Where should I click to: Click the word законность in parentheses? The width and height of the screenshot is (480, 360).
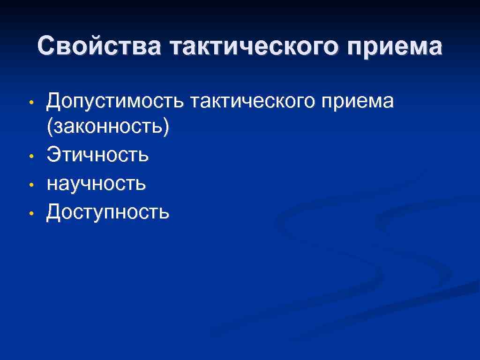click(107, 127)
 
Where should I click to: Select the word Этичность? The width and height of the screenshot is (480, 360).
click(98, 155)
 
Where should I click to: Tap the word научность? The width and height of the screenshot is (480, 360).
click(97, 184)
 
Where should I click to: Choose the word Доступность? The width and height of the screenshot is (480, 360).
click(108, 212)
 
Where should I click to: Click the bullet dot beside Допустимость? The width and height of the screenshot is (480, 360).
click(31, 102)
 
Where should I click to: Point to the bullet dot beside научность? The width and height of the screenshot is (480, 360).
click(31, 185)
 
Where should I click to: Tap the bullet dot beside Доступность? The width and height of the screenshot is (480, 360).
click(31, 213)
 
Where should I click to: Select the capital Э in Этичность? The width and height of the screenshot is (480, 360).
click(53, 155)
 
